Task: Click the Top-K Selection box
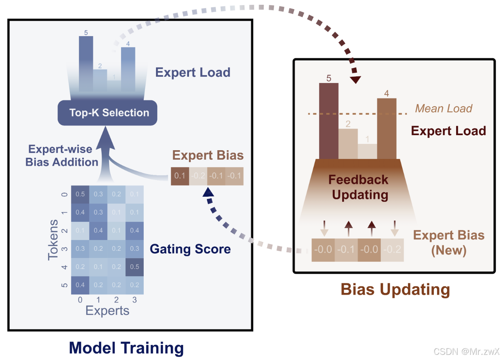(x=107, y=112)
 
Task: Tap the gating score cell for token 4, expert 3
(x=135, y=267)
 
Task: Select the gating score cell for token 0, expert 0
(x=80, y=194)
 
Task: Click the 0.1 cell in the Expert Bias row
(x=180, y=176)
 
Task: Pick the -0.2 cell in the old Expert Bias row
(x=198, y=176)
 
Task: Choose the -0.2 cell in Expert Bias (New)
(x=392, y=250)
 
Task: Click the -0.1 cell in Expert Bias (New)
(x=346, y=250)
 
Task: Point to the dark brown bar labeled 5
(x=329, y=121)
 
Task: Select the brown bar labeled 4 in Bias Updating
(x=387, y=129)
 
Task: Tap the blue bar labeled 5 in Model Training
(x=86, y=64)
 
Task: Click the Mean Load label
(x=444, y=108)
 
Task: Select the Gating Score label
(x=190, y=249)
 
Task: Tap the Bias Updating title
(x=395, y=289)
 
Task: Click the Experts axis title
(x=107, y=311)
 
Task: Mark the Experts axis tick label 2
(x=116, y=300)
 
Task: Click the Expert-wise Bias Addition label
(x=62, y=156)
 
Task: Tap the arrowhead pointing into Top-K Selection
(x=106, y=138)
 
